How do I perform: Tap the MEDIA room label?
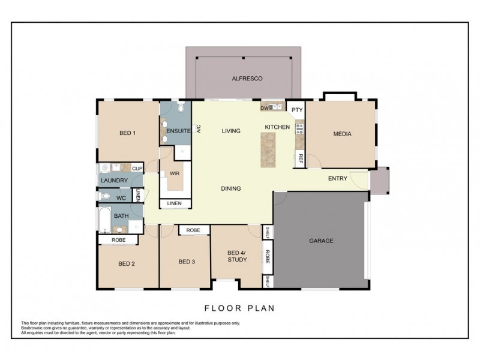[342, 134]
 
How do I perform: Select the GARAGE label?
[321, 241]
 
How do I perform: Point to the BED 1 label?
[127, 133]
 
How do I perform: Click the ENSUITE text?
[178, 130]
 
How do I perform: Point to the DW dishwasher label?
[264, 108]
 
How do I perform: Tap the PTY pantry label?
[297, 110]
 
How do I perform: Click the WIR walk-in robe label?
[175, 173]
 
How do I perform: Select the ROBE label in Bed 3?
[193, 230]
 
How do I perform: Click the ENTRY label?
[338, 178]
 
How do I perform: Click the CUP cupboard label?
[137, 169]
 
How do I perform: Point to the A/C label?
[198, 128]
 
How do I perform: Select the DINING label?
[230, 188]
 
